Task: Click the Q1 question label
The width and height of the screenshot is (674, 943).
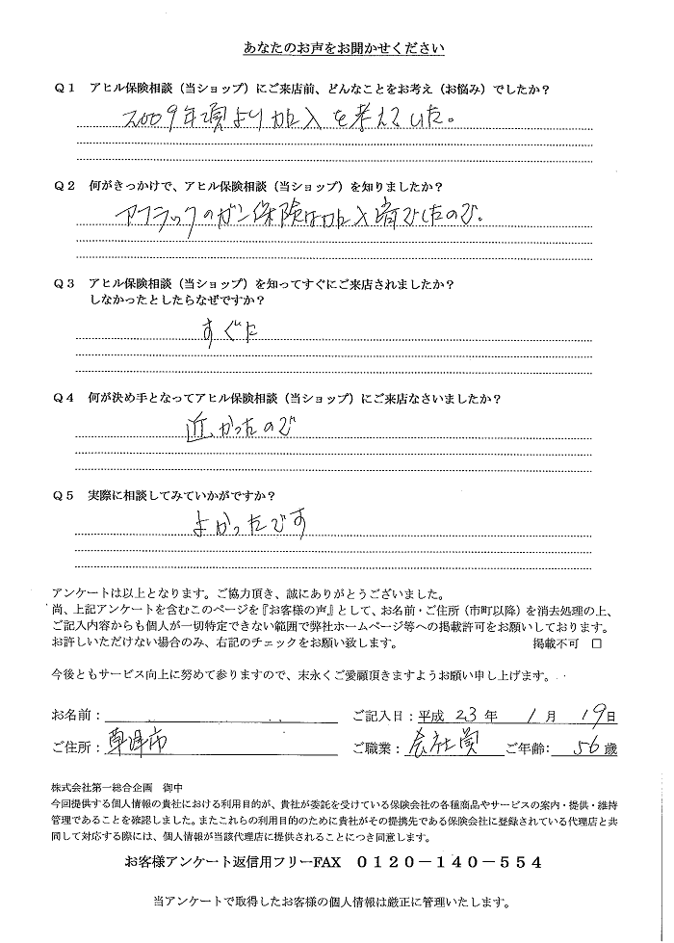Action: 66,89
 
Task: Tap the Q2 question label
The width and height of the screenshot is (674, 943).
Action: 66,183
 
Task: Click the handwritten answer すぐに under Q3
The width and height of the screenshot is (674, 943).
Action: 227,332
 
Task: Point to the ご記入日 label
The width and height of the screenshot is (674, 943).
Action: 384,717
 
